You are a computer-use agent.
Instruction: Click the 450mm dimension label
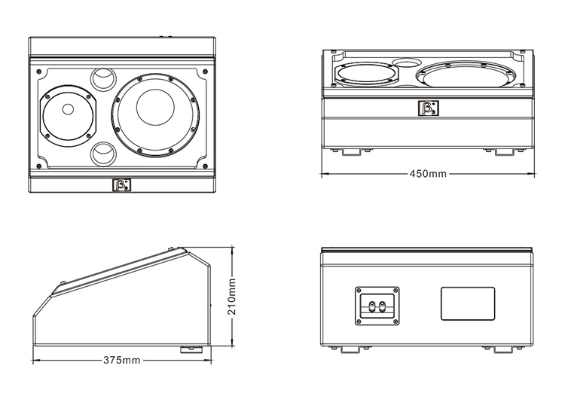(428, 174)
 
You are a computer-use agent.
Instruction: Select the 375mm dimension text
(121, 361)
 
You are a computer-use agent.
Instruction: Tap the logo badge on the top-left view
(121, 185)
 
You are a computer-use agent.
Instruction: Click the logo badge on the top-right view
(428, 109)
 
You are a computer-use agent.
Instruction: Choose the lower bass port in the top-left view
(105, 153)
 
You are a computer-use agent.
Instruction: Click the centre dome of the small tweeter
(68, 110)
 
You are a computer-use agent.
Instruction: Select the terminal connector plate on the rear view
(376, 304)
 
